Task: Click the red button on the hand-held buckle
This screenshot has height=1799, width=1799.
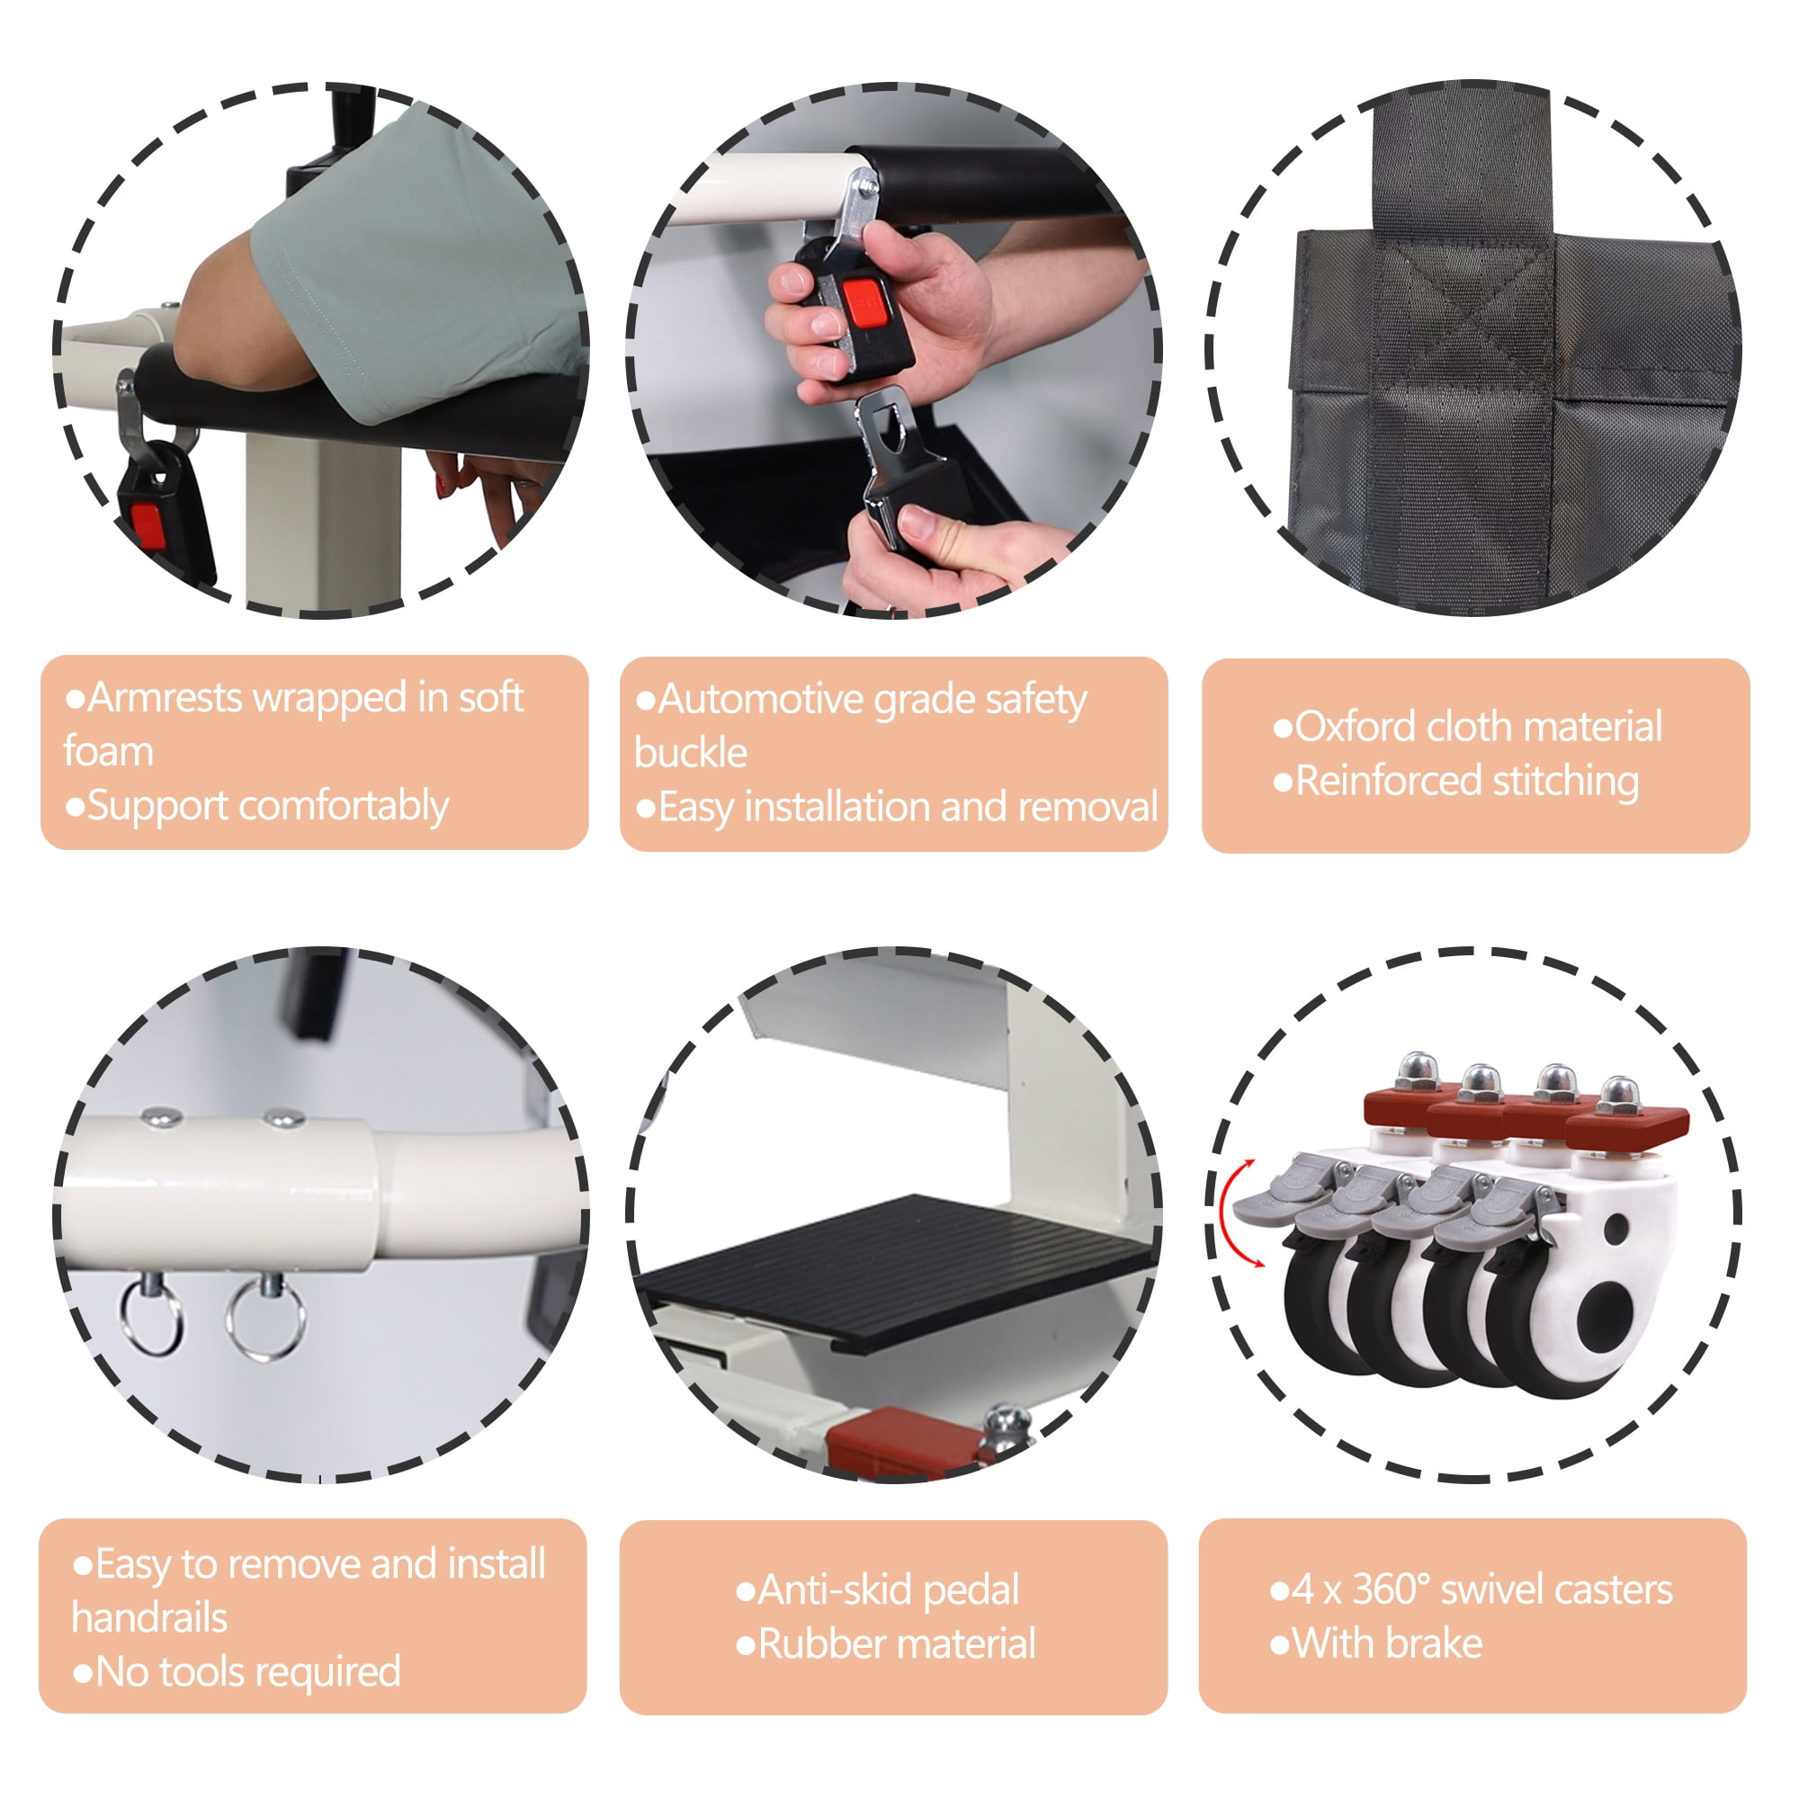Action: pyautogui.click(x=865, y=302)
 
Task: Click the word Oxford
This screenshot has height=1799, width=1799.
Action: pyautogui.click(x=1356, y=727)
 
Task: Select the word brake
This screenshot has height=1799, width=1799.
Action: pyautogui.click(x=1434, y=1643)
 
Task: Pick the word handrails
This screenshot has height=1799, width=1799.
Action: pyautogui.click(x=150, y=1617)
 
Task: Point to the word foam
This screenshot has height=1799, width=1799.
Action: pyautogui.click(x=109, y=751)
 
